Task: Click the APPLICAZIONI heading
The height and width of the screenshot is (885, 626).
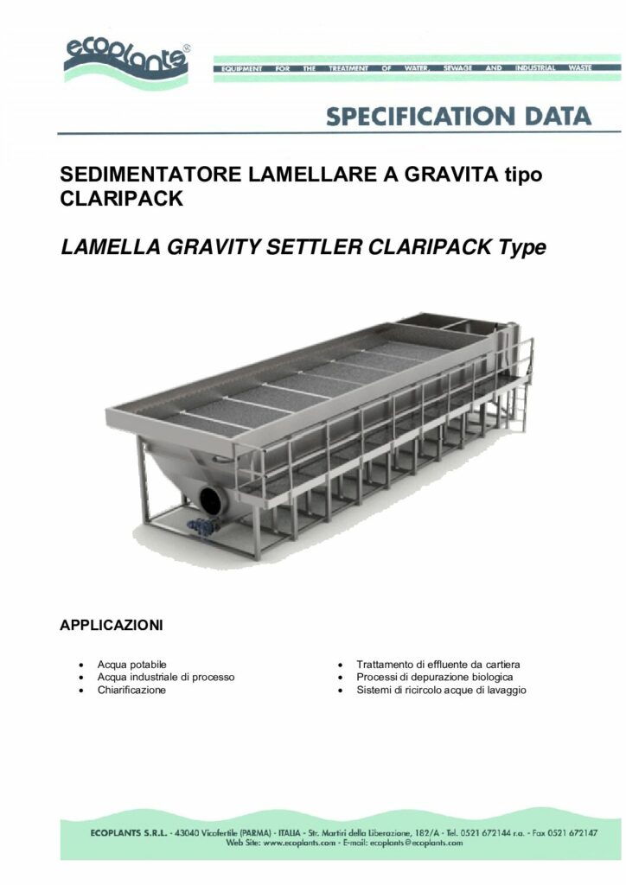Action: [x=112, y=623]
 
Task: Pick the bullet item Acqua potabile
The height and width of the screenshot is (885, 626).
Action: [x=131, y=664]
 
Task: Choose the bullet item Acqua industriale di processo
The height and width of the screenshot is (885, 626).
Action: [x=165, y=677]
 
